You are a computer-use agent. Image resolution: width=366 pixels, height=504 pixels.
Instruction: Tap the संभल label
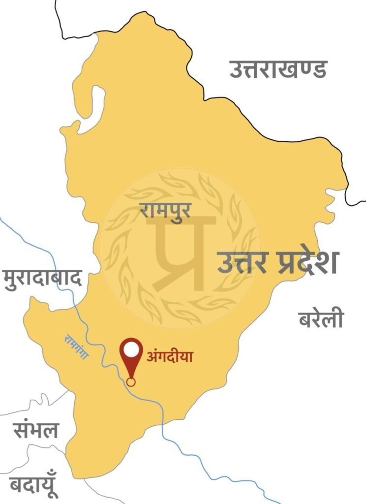(x=35, y=430)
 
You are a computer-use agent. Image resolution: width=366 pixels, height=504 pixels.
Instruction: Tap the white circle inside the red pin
(x=131, y=349)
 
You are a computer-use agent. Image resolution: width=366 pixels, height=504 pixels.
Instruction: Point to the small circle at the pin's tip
(x=131, y=381)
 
